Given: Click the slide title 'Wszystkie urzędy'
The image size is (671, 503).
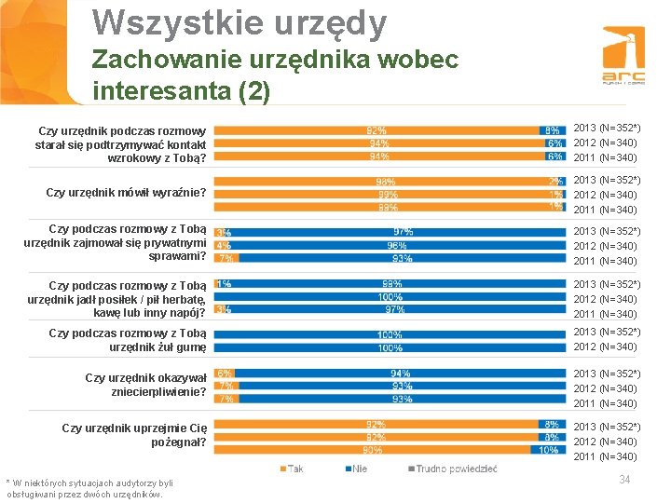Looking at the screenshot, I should (x=240, y=22).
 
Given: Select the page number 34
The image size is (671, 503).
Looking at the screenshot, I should (x=624, y=480).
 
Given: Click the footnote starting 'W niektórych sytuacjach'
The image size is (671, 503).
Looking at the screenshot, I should (x=90, y=488).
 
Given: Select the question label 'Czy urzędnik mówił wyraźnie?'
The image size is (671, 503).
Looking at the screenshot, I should (x=126, y=193).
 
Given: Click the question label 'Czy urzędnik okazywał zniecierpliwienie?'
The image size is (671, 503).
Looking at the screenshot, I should (x=144, y=385).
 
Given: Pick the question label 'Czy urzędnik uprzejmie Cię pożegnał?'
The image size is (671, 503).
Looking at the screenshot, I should (x=133, y=435).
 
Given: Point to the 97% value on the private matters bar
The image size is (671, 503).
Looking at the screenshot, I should (x=403, y=232).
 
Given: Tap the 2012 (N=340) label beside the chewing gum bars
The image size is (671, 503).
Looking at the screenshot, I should (x=605, y=347).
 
